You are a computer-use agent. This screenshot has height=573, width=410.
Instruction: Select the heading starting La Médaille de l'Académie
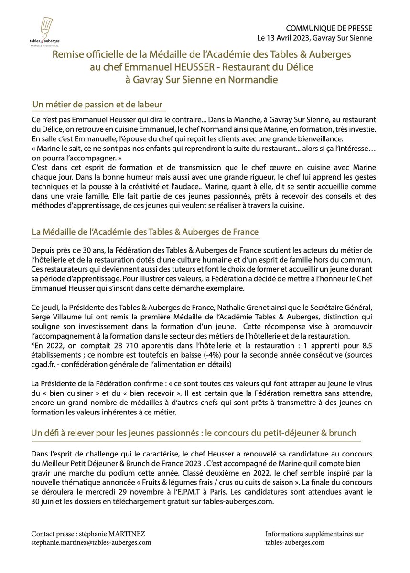[145, 232]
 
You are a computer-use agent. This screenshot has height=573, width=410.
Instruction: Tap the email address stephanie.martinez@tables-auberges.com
[91, 542]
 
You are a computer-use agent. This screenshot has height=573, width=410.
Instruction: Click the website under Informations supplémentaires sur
[295, 542]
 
